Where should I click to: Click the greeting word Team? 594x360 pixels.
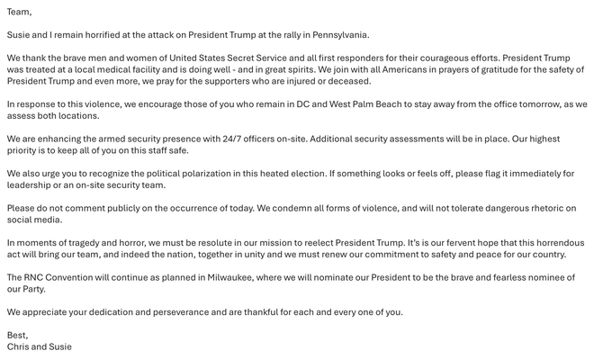click(x=18, y=12)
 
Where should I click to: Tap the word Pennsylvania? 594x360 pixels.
click(x=338, y=35)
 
